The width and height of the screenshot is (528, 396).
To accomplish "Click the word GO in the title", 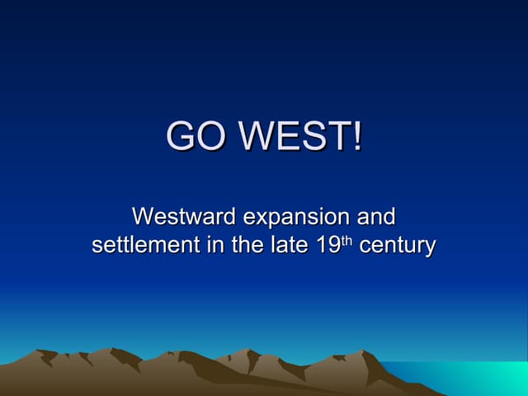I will [195, 136].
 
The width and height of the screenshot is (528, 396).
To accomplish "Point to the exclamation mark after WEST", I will [356, 136].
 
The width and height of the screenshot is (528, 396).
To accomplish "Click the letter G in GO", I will [181, 136].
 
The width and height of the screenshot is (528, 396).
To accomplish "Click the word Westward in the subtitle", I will [182, 217].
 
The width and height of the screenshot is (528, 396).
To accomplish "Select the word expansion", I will [296, 219].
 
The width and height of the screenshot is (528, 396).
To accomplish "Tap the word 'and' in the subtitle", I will [376, 217].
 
